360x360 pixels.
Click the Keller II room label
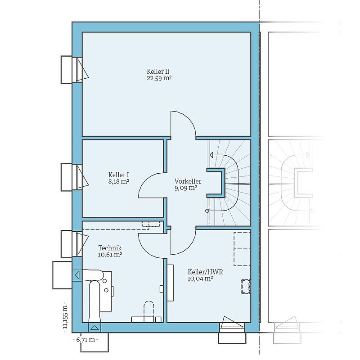pyautogui.click(x=158, y=72)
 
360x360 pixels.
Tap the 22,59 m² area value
pyautogui.click(x=159, y=78)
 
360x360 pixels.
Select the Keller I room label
pyautogui.click(x=118, y=175)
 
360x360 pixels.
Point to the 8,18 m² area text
pyautogui.click(x=118, y=182)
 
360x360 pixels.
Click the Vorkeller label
pyautogui.click(x=188, y=181)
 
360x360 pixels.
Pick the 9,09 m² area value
pyautogui.click(x=186, y=188)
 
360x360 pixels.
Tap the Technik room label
pyautogui.click(x=110, y=248)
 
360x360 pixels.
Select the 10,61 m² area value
pyautogui.click(x=110, y=255)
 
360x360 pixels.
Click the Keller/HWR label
pyautogui.click(x=205, y=272)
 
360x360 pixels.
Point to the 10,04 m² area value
pyautogui.click(x=200, y=279)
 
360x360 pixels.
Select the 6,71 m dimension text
pyautogui.click(x=85, y=340)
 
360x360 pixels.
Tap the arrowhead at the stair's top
pyautogui.click(x=211, y=155)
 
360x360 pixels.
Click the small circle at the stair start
pyautogui.click(x=207, y=211)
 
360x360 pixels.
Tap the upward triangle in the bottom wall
pyautogui.click(x=94, y=328)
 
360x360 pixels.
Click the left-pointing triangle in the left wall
pyautogui.click(x=77, y=275)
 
